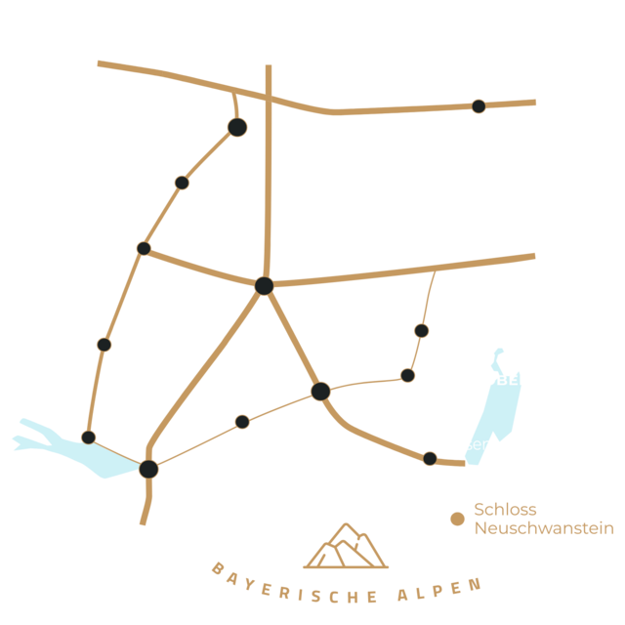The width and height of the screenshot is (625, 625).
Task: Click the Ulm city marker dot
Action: (237, 127)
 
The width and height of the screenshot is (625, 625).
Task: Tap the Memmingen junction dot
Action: (264, 285)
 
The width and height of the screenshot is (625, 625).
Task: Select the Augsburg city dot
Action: (479, 105)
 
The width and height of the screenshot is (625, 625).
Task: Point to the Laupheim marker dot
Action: (182, 183)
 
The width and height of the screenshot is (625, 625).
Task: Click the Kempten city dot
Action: (320, 391)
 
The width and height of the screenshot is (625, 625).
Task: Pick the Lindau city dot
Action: (148, 469)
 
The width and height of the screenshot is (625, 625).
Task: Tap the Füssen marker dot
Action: (430, 458)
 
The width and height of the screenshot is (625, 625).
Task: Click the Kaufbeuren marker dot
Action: (421, 331)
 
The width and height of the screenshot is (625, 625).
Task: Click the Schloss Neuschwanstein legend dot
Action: (457, 519)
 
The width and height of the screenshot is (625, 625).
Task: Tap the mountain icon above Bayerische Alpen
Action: (346, 547)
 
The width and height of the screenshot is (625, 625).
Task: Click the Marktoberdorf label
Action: (501, 380)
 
